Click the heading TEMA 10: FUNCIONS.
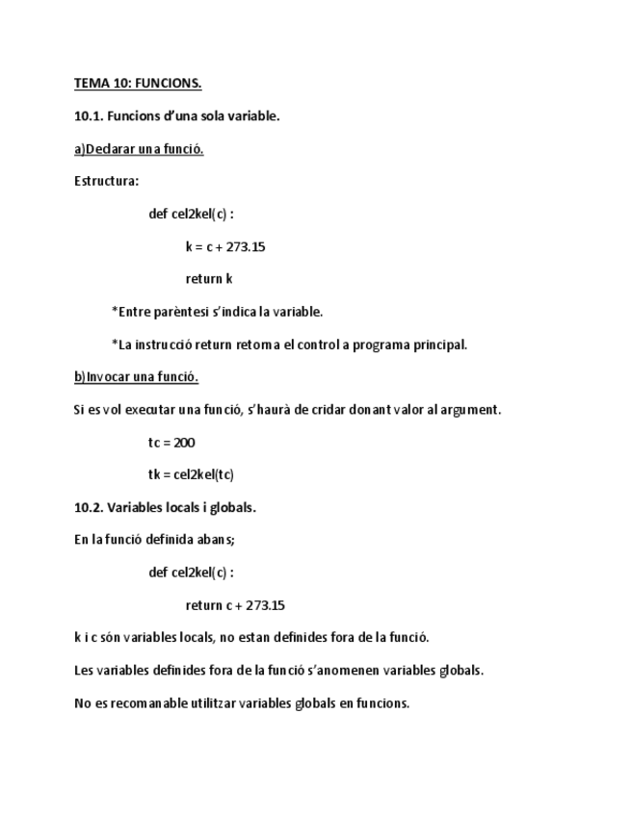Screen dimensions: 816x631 click(x=138, y=84)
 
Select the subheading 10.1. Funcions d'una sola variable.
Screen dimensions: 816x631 click(x=176, y=116)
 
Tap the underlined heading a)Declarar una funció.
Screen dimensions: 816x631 click(x=139, y=149)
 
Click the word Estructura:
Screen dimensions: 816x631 click(x=106, y=181)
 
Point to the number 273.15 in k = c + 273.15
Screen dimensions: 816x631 click(x=246, y=246)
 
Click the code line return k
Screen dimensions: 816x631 click(x=209, y=279)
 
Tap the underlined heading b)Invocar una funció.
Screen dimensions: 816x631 click(x=136, y=376)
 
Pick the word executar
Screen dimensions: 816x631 click(x=145, y=410)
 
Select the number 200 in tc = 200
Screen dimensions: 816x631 click(x=185, y=443)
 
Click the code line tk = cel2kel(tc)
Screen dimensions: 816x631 click(x=191, y=474)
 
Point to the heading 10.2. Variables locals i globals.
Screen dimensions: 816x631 click(x=165, y=507)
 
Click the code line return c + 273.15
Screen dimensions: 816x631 click(x=235, y=605)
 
